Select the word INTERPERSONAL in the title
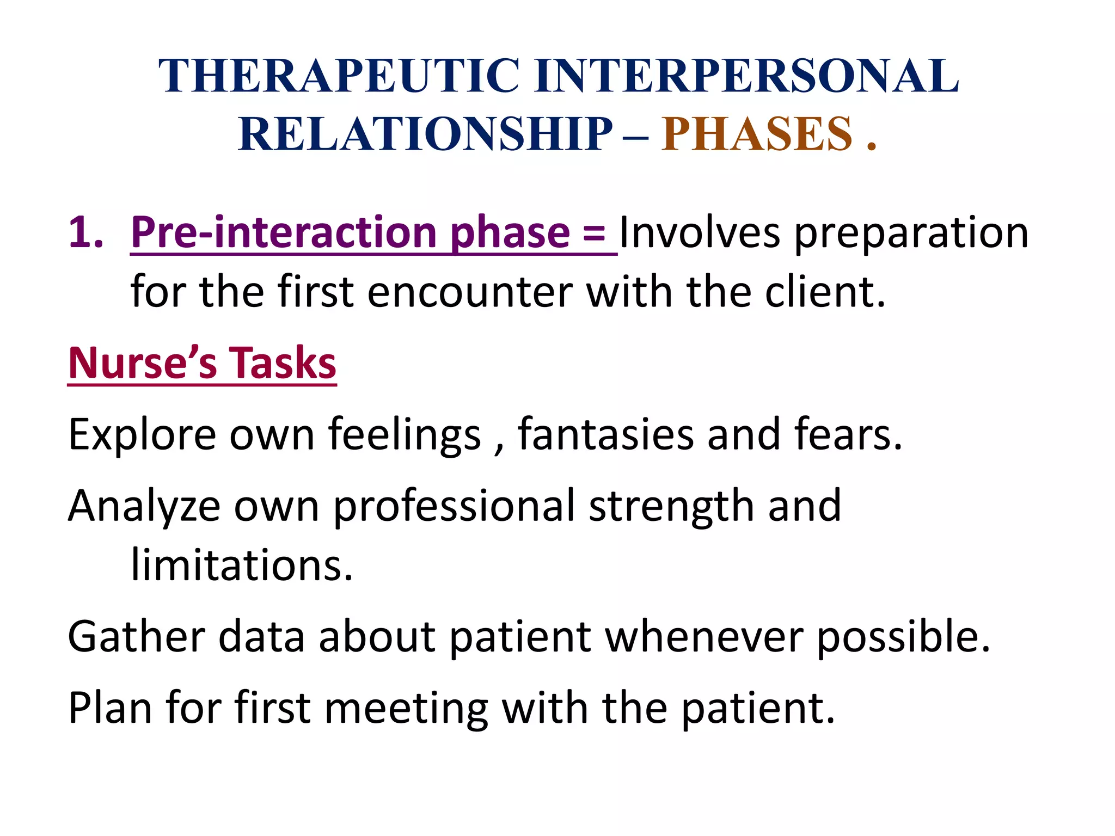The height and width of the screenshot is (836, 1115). click(746, 76)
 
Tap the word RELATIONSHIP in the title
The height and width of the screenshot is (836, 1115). click(425, 134)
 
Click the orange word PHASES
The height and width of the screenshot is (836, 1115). click(757, 134)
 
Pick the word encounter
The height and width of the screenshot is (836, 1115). click(470, 293)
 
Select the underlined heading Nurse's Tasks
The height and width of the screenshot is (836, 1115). click(202, 364)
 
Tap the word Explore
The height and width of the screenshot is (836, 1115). click(142, 435)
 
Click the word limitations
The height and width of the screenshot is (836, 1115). click(242, 566)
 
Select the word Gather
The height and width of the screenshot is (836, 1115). click(137, 637)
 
